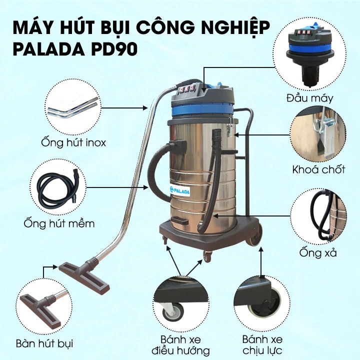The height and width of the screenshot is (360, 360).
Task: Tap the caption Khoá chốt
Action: click(318, 169)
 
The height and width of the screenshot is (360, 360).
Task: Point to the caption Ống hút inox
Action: click(74, 143)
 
